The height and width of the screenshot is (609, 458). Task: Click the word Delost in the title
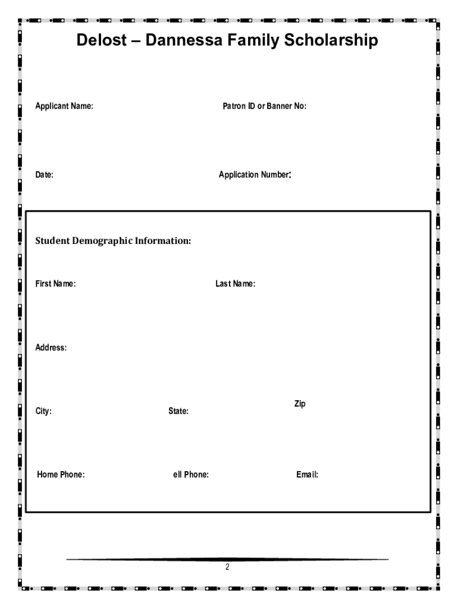pos(102,41)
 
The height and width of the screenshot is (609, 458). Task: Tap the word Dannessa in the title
pos(186,41)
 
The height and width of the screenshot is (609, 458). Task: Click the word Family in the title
pos(256,41)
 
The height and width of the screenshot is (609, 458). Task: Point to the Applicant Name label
pos(64,107)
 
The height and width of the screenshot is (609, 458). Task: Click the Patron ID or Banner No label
pos(264,107)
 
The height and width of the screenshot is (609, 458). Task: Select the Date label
pos(44,175)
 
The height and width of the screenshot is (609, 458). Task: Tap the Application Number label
pos(254,175)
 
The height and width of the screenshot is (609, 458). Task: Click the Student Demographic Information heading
pos(113,241)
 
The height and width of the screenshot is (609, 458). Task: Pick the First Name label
pos(55,284)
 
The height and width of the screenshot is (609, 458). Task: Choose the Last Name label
pos(235,284)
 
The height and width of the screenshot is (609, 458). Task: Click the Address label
pos(51,348)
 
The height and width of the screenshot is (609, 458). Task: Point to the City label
pos(43,411)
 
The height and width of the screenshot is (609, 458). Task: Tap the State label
pos(178,411)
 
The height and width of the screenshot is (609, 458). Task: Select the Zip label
pos(300,404)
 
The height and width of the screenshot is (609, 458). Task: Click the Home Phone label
pos(61,475)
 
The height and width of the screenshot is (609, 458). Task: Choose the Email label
pos(307,475)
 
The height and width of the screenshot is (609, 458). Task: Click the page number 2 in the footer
pos(227,567)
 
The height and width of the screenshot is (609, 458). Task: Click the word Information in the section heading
pos(162,241)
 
